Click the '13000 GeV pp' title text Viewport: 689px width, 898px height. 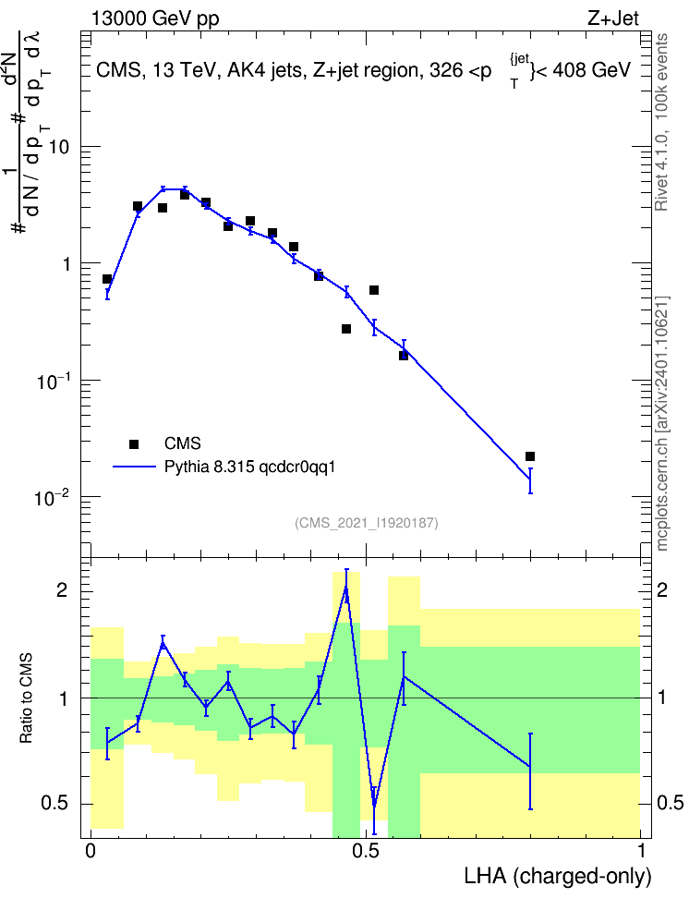point(155,18)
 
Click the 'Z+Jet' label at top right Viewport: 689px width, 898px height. point(613,18)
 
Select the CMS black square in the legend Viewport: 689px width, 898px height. point(134,443)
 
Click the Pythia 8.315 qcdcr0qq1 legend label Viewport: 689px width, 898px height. point(249,467)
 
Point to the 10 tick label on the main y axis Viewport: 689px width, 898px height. point(58,147)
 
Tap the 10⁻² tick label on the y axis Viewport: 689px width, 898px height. point(52,497)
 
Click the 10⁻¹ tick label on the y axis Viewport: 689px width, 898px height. point(52,381)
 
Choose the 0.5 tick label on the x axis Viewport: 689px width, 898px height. point(366,850)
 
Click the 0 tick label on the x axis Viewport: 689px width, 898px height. point(91,850)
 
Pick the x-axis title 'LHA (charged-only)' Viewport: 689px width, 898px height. point(558,876)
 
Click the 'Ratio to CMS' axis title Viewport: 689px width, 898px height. point(27,698)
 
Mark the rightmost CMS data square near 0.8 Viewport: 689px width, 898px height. point(530,456)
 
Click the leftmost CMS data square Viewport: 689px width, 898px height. point(107,279)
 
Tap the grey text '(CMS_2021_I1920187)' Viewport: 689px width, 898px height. point(367,523)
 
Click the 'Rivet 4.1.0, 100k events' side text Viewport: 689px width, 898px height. point(661,122)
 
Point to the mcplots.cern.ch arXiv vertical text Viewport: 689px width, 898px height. point(662,424)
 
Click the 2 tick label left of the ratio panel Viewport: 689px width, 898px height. point(61,589)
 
